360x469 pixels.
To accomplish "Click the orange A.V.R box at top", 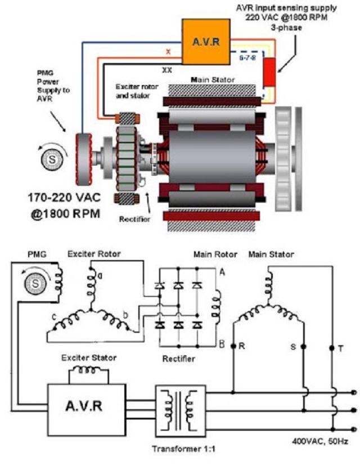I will (206, 41).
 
